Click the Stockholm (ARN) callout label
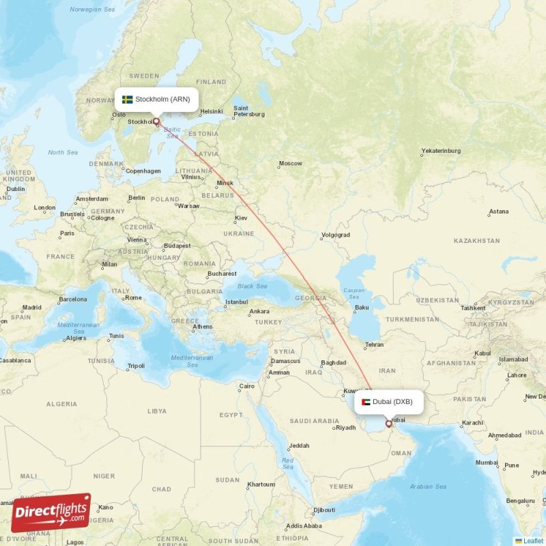click(x=157, y=100)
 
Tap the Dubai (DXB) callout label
click(x=388, y=401)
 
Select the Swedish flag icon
click(x=127, y=100)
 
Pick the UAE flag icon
click(x=366, y=401)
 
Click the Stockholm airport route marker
click(x=156, y=122)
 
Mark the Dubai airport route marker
click(x=389, y=424)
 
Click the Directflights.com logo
click(x=51, y=513)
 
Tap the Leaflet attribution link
click(x=533, y=541)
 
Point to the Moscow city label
click(x=291, y=164)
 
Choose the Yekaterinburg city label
click(x=441, y=151)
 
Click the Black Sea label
click(x=253, y=286)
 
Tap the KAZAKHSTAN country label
click(x=477, y=241)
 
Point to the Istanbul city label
click(x=237, y=302)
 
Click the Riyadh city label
click(x=345, y=428)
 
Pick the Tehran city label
click(x=374, y=345)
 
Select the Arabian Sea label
click(x=428, y=487)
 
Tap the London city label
click(x=45, y=207)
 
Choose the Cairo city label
click(x=246, y=386)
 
